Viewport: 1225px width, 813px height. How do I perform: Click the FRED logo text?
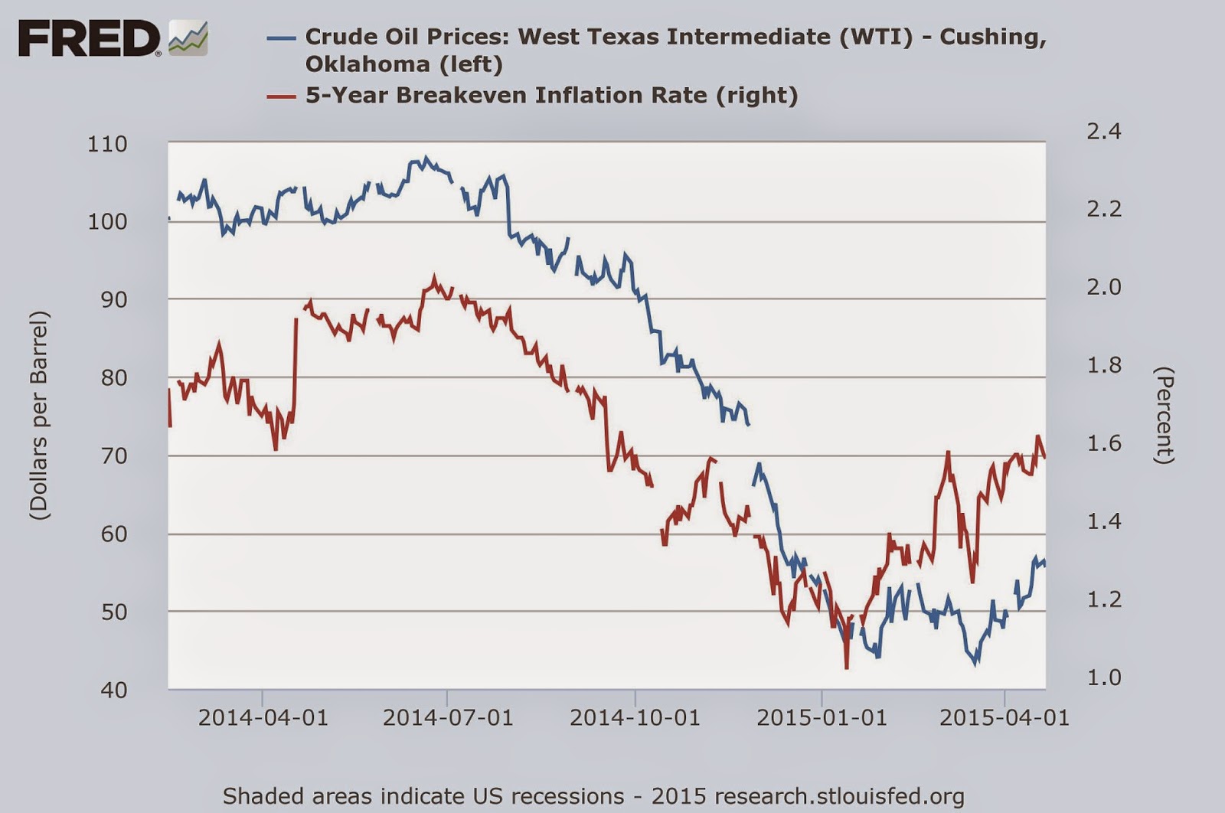[89, 38]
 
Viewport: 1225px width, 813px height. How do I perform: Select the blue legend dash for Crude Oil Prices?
[281, 37]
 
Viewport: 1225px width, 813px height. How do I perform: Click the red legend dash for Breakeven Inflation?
[281, 96]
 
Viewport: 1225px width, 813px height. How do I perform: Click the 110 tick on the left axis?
[107, 144]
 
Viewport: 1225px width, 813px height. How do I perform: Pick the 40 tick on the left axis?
[114, 690]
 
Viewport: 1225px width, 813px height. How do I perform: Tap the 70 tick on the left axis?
[114, 455]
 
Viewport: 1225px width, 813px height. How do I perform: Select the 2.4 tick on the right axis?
[1103, 131]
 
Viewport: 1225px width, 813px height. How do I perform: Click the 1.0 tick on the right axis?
[1103, 677]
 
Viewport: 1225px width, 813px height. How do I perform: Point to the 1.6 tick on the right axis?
[1103, 443]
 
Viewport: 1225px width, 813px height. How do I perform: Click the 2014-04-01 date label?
[263, 718]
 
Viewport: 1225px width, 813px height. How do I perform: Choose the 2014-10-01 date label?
[635, 718]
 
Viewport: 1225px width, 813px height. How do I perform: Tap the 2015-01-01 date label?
[822, 718]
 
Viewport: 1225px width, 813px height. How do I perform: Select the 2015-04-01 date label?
[1004, 718]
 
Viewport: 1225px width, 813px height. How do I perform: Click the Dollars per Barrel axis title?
[40, 416]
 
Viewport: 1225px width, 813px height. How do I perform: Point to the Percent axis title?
[1164, 416]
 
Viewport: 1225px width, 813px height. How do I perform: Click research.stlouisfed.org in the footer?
[849, 796]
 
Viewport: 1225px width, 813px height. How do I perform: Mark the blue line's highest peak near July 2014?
[426, 158]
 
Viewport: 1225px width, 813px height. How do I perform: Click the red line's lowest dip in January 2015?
[847, 668]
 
